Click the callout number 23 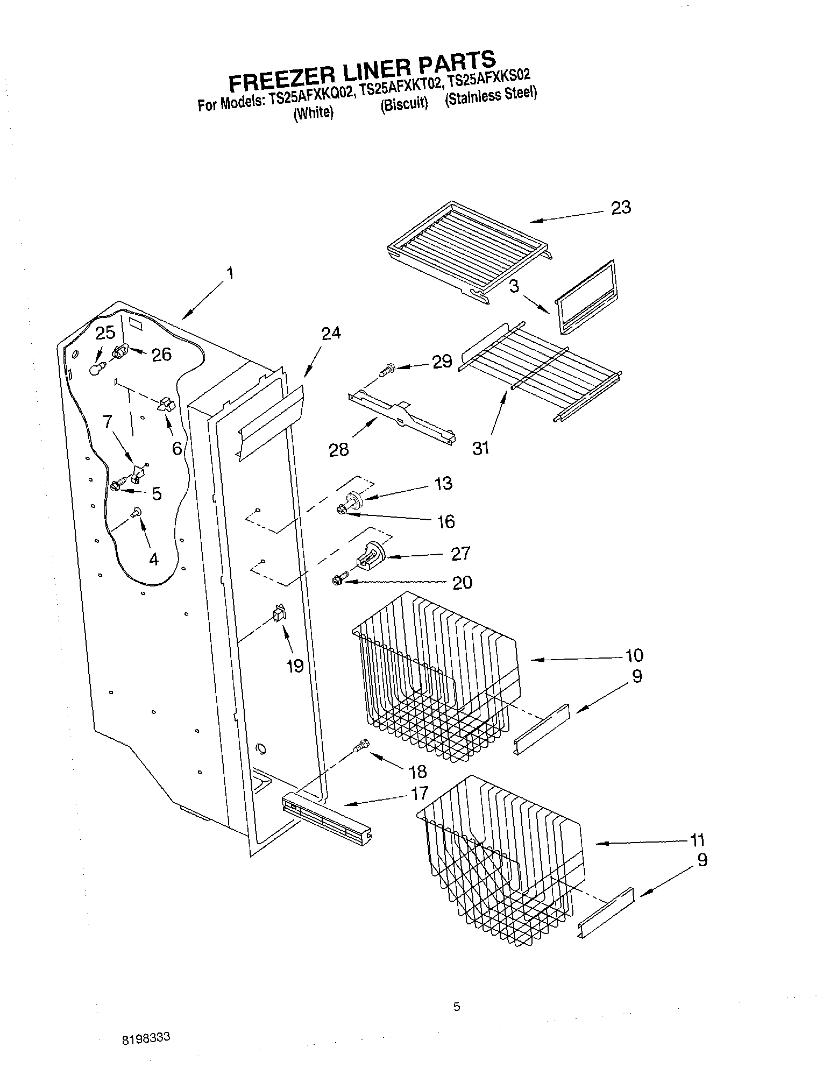621,208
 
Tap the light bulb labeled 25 95,369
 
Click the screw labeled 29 386,371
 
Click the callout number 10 634,655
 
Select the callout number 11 697,840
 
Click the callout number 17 420,793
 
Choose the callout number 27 460,553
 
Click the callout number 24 331,334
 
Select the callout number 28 339,449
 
